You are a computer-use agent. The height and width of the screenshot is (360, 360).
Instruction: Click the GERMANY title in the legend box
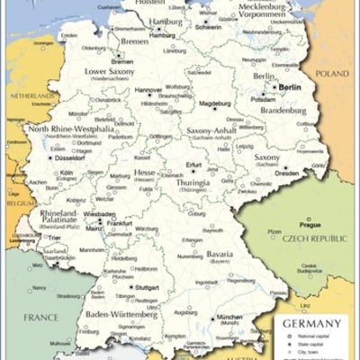pos(311,323)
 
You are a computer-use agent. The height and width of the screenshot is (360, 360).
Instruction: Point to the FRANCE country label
pos(40,317)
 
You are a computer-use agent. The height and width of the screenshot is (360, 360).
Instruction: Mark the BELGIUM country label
pos(17,203)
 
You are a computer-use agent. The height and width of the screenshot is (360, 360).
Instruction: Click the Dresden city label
pos(286,173)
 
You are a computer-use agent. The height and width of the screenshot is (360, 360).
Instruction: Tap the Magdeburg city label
pos(215,103)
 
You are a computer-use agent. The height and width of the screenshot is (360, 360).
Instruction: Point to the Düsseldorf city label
pos(68,157)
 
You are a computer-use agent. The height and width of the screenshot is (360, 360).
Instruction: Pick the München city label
pos(229,318)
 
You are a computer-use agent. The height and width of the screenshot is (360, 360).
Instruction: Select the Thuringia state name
pos(193,183)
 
